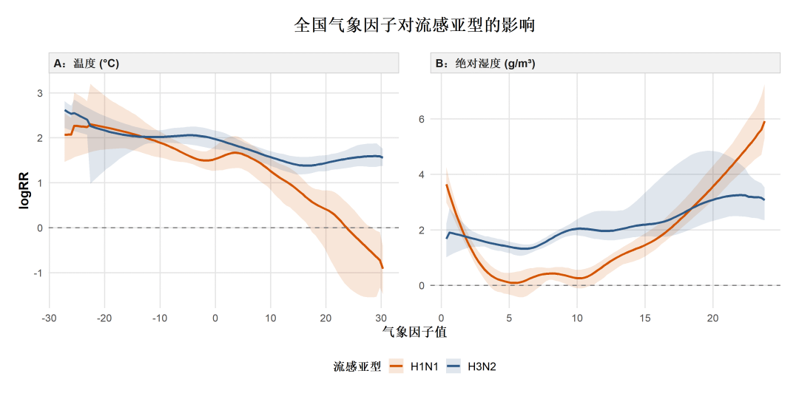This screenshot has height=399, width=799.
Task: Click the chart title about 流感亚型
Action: click(414, 25)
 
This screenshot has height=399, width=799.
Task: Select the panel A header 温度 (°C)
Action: click(87, 64)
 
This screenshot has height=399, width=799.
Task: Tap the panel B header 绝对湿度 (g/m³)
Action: click(485, 64)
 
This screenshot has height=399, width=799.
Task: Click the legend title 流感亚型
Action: click(357, 366)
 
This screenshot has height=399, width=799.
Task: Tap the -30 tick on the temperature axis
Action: click(50, 318)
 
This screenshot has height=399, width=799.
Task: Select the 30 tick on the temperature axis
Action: click(381, 318)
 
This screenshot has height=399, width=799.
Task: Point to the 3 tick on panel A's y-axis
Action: click(40, 93)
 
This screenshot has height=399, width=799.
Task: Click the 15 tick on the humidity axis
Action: click(644, 318)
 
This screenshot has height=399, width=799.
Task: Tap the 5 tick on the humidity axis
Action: click(509, 318)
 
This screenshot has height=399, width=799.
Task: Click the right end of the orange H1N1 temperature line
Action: click(383, 267)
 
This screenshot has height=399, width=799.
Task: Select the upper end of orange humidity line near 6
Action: click(764, 122)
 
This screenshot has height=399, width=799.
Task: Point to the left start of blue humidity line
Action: click(446, 238)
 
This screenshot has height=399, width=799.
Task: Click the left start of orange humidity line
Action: click(446, 185)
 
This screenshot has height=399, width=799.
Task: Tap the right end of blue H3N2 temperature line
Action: click(382, 157)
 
